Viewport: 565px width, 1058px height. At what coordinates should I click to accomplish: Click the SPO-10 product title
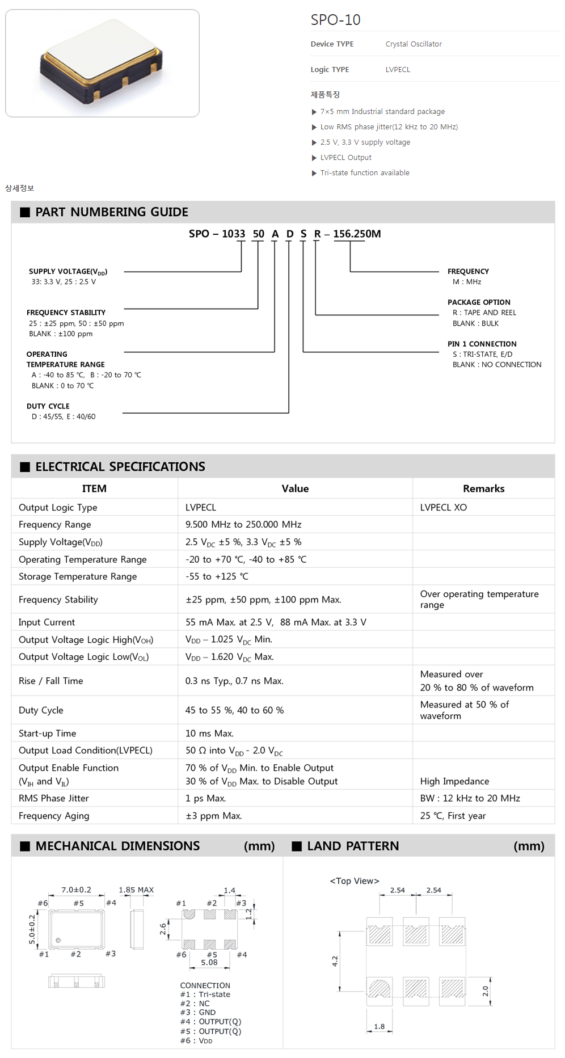[335, 20]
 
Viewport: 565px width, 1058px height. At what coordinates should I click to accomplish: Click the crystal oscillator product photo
[102, 62]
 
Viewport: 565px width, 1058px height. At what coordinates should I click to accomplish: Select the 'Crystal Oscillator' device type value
[413, 44]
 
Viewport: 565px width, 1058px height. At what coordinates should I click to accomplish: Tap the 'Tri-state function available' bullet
[364, 173]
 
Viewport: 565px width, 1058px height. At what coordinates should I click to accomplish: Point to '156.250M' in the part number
[357, 234]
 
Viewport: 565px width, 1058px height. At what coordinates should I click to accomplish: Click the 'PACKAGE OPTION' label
[479, 302]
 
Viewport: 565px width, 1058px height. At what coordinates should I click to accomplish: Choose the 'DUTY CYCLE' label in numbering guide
[48, 406]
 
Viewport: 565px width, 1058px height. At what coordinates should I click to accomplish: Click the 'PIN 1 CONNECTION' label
[482, 344]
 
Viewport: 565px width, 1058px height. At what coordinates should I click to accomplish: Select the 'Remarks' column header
[483, 488]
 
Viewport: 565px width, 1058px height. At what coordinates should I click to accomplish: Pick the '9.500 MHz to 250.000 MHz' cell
[243, 525]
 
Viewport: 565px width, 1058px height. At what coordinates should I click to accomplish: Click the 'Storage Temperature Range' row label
[78, 576]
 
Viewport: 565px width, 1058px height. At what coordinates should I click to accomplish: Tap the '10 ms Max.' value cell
[209, 734]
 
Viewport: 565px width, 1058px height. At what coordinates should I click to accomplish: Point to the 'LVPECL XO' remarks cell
[443, 508]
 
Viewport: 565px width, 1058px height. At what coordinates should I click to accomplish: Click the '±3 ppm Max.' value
[213, 816]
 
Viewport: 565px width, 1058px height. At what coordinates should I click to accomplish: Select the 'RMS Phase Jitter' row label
[54, 798]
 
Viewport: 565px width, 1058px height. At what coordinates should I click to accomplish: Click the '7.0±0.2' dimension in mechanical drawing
[76, 890]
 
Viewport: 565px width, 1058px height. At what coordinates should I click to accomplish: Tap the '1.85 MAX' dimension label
[136, 890]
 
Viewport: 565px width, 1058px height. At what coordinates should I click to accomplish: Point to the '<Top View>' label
[355, 881]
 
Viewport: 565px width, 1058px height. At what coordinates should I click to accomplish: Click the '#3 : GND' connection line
[198, 1012]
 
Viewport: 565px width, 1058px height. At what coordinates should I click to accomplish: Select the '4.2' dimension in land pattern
[335, 961]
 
